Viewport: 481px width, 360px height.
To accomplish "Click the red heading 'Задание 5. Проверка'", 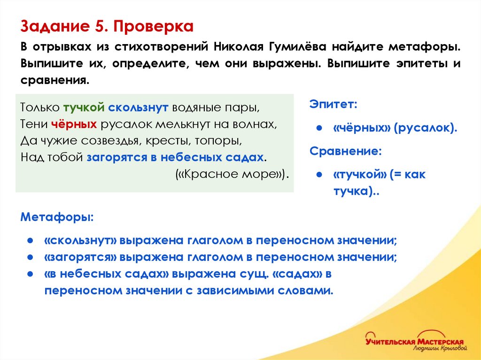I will (x=107, y=26).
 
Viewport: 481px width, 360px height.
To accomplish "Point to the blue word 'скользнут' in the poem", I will (x=138, y=107).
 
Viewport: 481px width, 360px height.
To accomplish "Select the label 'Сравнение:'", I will (x=345, y=152).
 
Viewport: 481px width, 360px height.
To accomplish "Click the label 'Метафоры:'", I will (x=57, y=218).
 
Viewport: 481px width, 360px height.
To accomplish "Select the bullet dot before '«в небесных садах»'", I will (x=29, y=274).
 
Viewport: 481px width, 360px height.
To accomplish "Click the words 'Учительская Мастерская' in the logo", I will (x=414, y=341).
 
